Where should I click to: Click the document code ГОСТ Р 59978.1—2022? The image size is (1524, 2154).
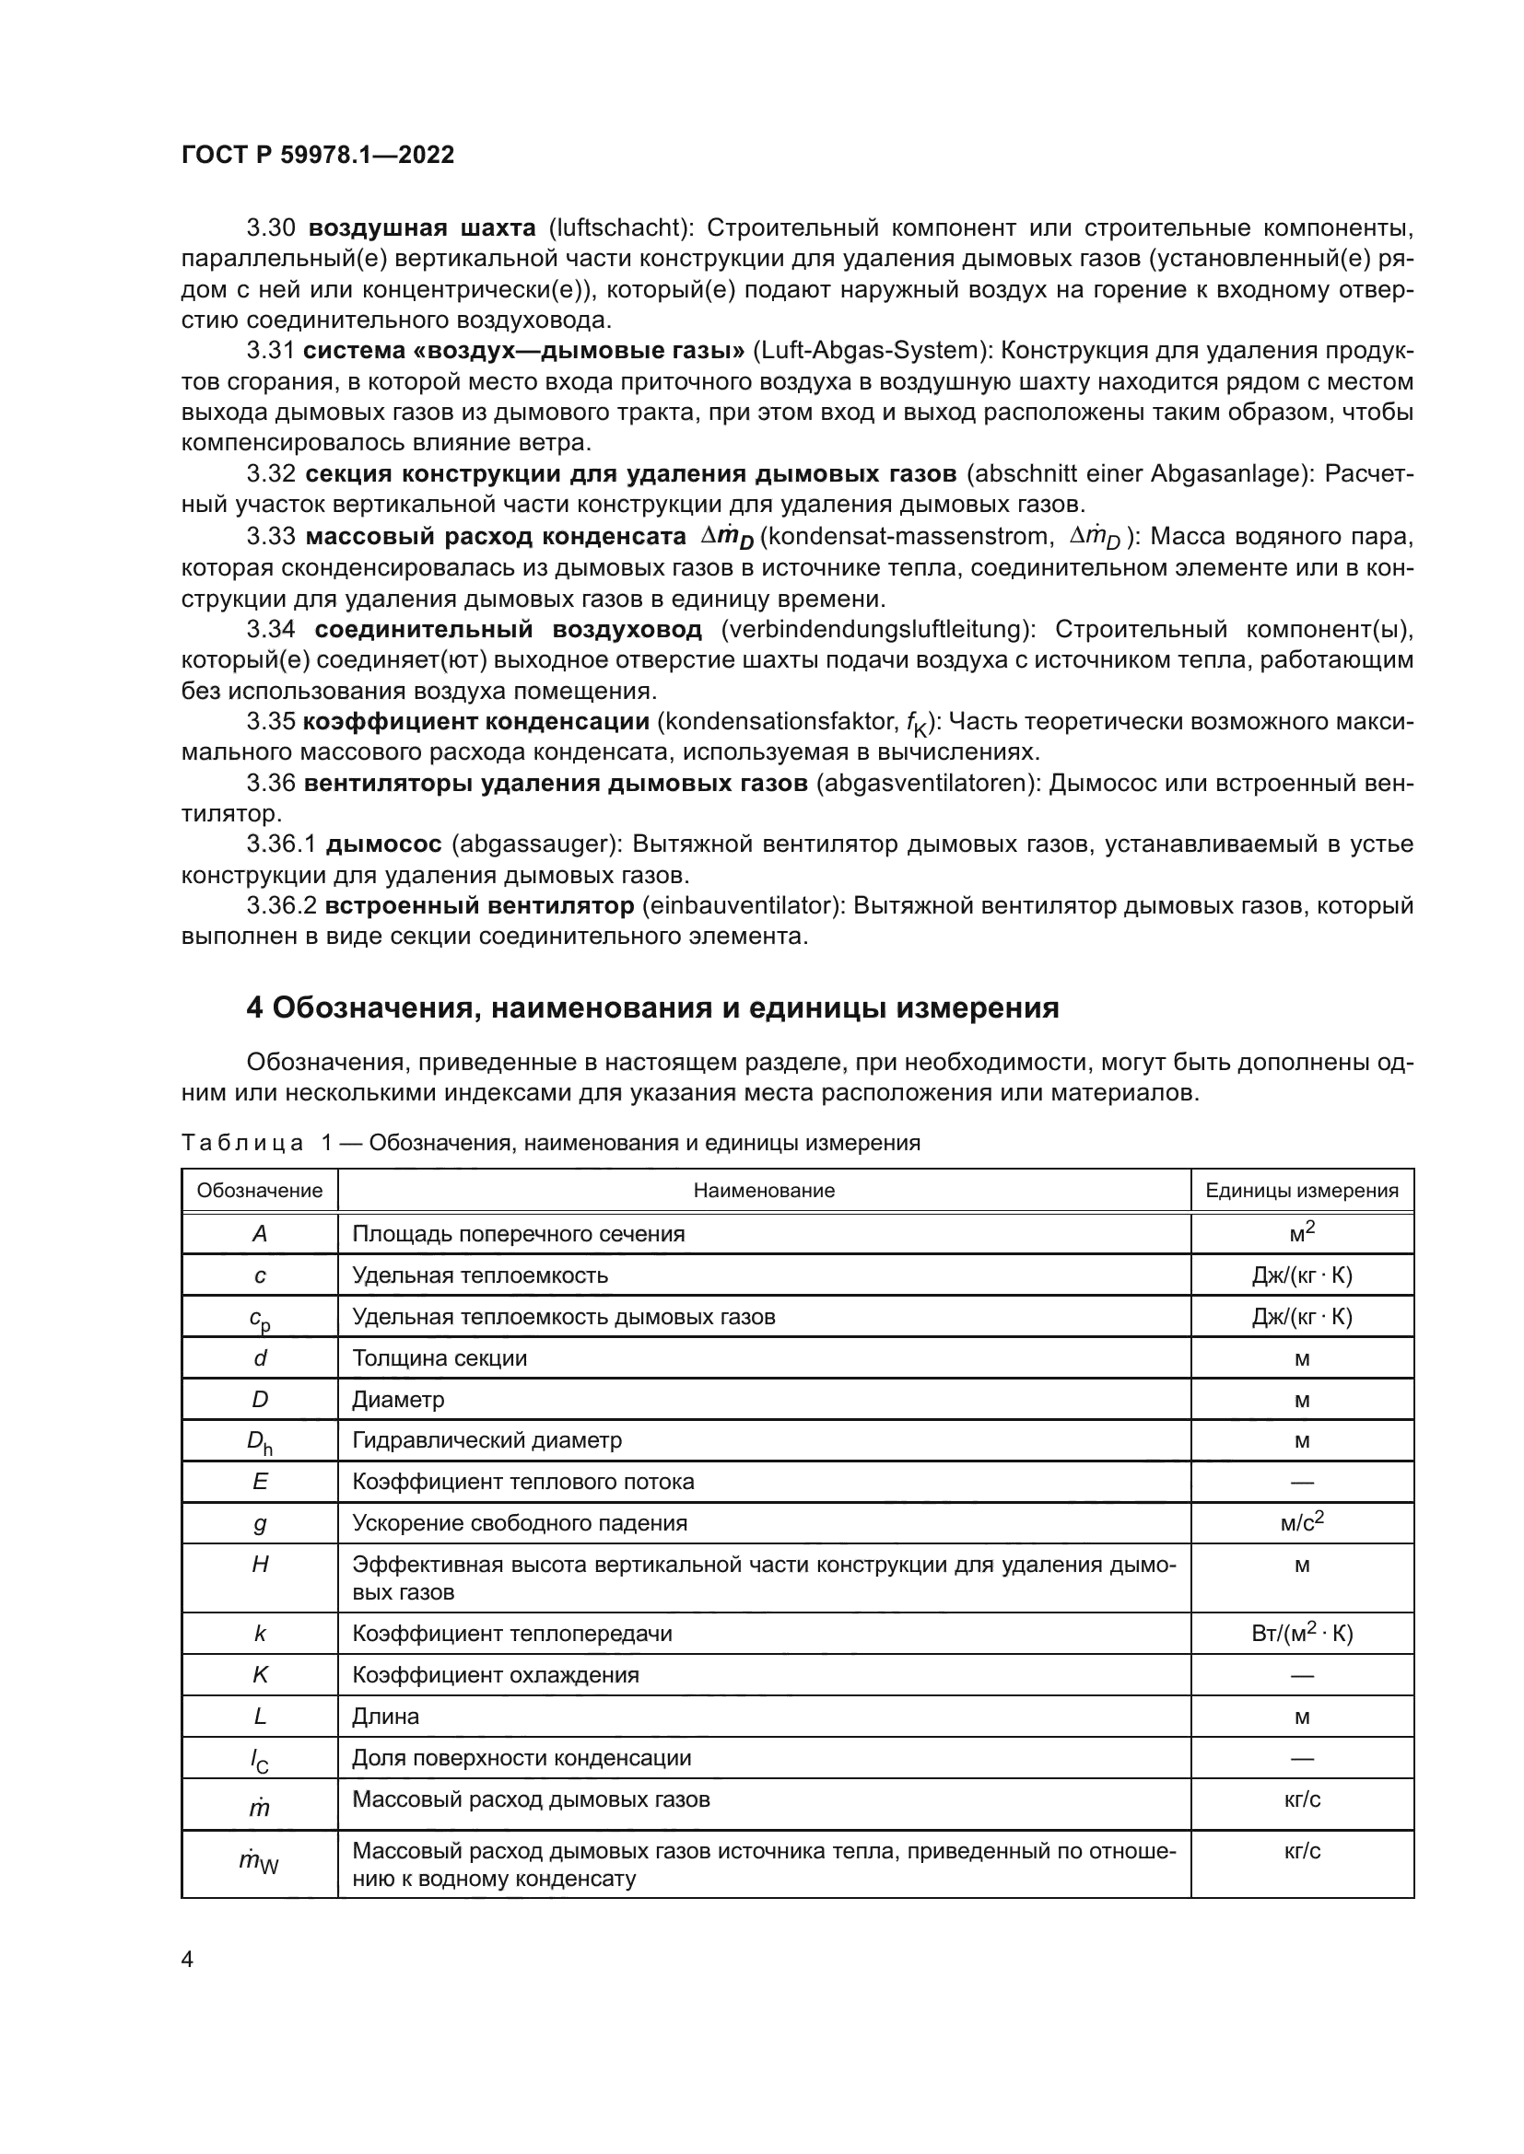pyautogui.click(x=317, y=155)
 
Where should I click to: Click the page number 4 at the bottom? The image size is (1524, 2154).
pyautogui.click(x=187, y=1960)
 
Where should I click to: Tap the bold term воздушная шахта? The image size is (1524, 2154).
pyautogui.click(x=422, y=228)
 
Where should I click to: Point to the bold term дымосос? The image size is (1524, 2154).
pyautogui.click(x=384, y=844)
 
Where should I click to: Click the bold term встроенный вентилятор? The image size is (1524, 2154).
pyautogui.click(x=479, y=906)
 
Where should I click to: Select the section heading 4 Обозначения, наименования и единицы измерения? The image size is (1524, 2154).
pyautogui.click(x=652, y=1008)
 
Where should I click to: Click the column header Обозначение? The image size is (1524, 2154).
pyautogui.click(x=260, y=1191)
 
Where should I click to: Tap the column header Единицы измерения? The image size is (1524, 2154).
pyautogui.click(x=1302, y=1191)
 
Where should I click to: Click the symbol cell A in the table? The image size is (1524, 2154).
pyautogui.click(x=260, y=1235)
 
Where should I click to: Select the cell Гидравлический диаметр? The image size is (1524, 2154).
pyautogui.click(x=487, y=1440)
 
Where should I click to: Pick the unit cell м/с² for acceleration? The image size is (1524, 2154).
pyautogui.click(x=1302, y=1522)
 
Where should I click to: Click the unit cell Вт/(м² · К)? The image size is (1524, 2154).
pyautogui.click(x=1302, y=1634)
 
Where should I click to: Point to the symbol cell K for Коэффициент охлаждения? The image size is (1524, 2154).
pyautogui.click(x=260, y=1675)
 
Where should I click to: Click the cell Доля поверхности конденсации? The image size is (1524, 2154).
pyautogui.click(x=521, y=1758)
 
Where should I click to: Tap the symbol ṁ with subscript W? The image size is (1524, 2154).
pyautogui.click(x=258, y=1861)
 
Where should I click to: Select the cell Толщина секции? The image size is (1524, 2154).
pyautogui.click(x=440, y=1358)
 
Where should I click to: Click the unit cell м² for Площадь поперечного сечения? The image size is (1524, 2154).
pyautogui.click(x=1302, y=1234)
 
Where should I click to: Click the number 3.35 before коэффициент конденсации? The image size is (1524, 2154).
pyautogui.click(x=270, y=721)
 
